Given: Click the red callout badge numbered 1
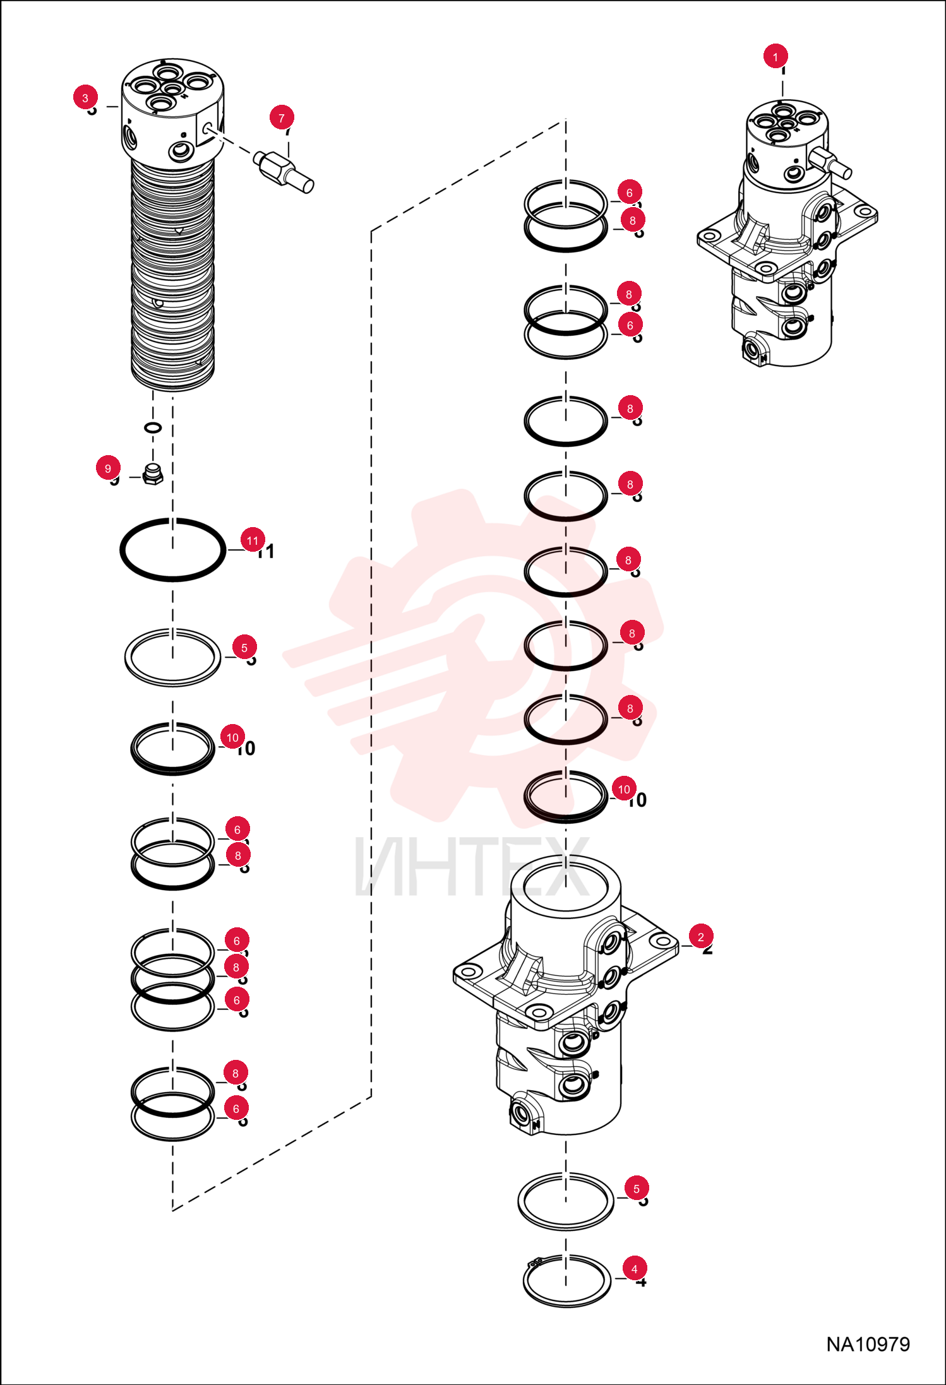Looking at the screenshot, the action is pyautogui.click(x=775, y=56).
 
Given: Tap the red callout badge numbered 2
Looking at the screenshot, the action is pyautogui.click(x=700, y=937).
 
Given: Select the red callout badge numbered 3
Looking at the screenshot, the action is pyautogui.click(x=85, y=97).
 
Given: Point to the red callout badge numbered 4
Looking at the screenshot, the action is pyautogui.click(x=635, y=1269).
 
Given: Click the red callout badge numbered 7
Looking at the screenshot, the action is pyautogui.click(x=282, y=117).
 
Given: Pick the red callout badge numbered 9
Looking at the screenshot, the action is pyautogui.click(x=108, y=468).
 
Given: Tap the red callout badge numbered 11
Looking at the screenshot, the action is pyautogui.click(x=253, y=540).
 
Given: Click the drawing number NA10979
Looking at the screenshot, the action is pyautogui.click(x=868, y=1344).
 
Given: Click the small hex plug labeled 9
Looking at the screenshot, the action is pyautogui.click(x=153, y=474).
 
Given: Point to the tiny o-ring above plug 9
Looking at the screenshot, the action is pyautogui.click(x=153, y=428).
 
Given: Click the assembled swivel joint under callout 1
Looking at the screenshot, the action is pyautogui.click(x=787, y=234).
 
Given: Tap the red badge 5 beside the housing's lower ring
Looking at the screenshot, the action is pyautogui.click(x=637, y=1189).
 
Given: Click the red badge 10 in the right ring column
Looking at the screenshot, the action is pyautogui.click(x=624, y=789).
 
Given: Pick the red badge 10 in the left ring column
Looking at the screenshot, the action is pyautogui.click(x=232, y=737).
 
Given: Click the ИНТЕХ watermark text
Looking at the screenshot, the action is pyautogui.click(x=472, y=866).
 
